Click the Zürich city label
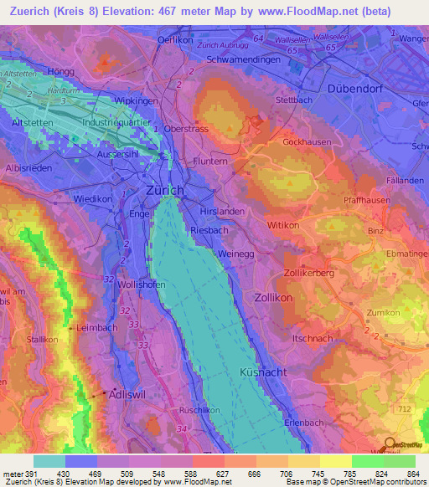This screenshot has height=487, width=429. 165,191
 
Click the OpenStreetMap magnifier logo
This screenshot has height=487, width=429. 388,444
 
